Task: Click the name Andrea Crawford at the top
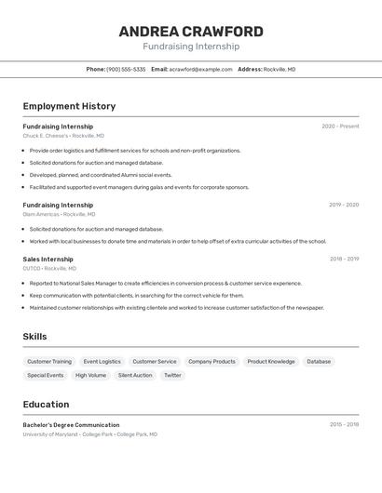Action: click(191, 32)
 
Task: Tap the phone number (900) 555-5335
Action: click(126, 69)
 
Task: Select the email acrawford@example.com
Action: click(200, 69)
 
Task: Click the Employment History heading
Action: click(69, 106)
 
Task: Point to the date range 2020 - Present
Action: click(340, 127)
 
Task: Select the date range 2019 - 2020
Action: click(344, 205)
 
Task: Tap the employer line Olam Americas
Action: click(59, 214)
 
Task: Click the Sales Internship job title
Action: click(48, 260)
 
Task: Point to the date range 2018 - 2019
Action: click(344, 260)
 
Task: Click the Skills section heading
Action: click(34, 337)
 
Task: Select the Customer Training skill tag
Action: click(49, 362)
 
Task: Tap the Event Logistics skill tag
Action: click(102, 362)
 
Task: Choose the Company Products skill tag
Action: click(211, 362)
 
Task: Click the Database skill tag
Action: click(319, 362)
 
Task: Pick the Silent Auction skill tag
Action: click(135, 376)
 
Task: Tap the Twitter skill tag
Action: click(172, 376)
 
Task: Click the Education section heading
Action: click(46, 405)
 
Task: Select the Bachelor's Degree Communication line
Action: click(71, 425)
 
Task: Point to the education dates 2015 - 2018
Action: click(344, 424)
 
